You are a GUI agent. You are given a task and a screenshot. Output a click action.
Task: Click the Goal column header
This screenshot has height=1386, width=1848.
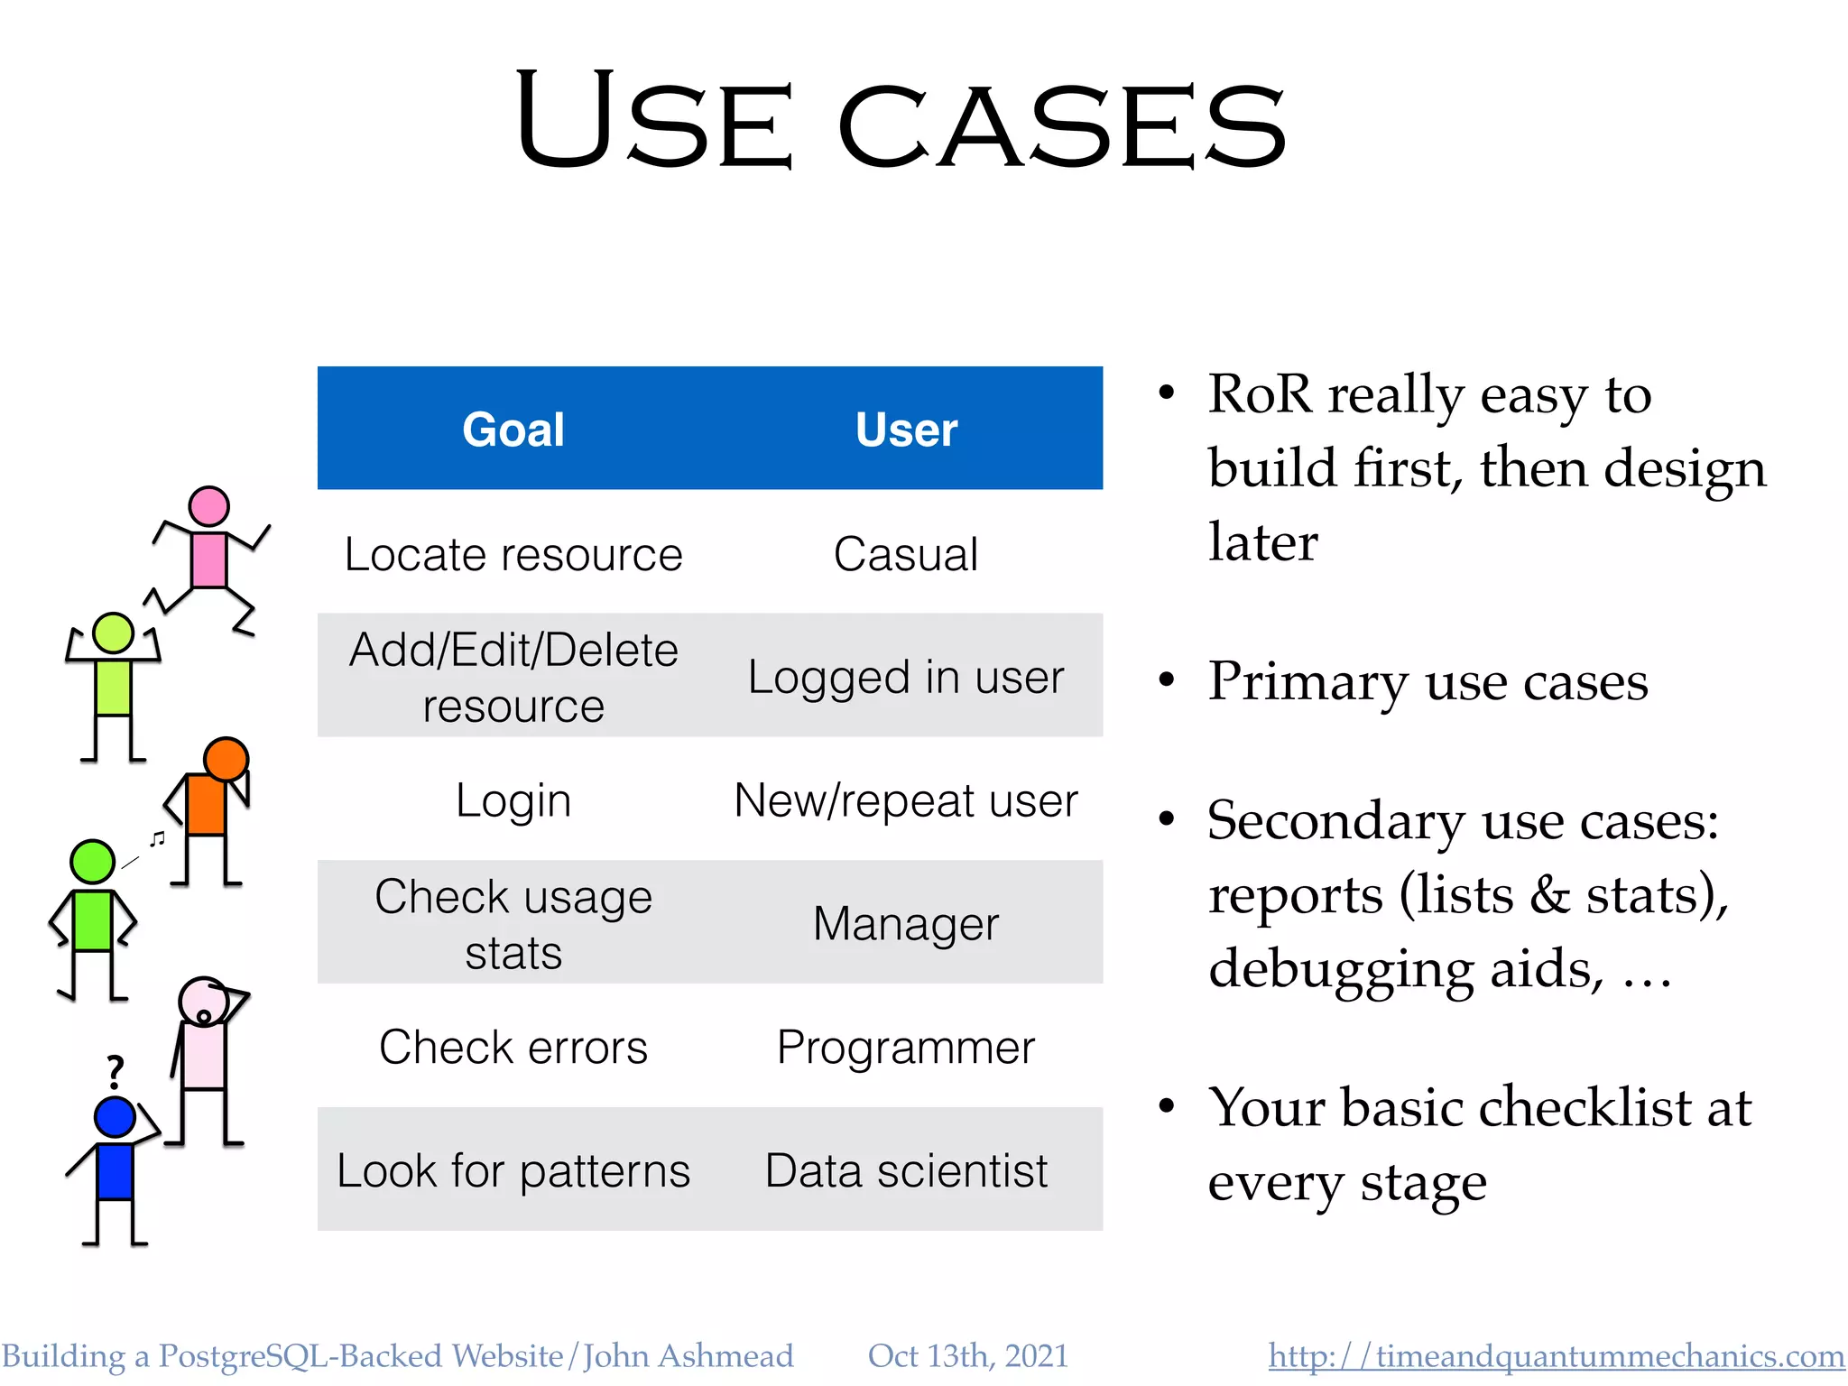[513, 430]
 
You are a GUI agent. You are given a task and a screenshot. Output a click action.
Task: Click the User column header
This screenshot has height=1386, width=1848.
[906, 430]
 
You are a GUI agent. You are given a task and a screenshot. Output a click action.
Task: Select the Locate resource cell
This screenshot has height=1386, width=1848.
[513, 554]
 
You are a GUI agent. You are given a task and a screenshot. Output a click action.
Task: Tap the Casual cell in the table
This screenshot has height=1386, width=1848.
[906, 554]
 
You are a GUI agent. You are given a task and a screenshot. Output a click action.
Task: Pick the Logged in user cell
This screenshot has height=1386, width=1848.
[906, 677]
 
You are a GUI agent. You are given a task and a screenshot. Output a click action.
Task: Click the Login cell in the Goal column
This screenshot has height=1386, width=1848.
[513, 800]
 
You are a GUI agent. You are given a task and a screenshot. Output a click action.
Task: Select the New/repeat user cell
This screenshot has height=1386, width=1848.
[906, 800]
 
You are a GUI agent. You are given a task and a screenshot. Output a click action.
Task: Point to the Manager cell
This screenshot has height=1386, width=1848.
[906, 924]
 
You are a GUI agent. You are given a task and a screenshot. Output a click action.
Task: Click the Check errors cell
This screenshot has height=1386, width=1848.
[513, 1048]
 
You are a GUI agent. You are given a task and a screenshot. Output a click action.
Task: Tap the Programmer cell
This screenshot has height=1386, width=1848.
[906, 1048]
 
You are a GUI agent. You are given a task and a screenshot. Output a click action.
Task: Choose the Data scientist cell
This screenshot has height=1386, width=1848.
[906, 1171]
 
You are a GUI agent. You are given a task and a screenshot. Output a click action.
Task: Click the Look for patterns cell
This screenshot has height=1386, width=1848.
[513, 1171]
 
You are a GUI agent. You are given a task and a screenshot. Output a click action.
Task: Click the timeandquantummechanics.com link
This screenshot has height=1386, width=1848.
[1556, 1356]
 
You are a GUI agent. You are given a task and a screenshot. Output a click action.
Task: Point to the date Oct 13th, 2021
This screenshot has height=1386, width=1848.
[967, 1356]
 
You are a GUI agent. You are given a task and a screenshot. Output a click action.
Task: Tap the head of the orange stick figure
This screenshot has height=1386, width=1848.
[226, 759]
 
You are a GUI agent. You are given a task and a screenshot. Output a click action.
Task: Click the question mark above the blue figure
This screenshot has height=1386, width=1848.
[115, 1072]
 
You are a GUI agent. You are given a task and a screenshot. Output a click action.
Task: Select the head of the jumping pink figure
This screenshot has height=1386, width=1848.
[208, 506]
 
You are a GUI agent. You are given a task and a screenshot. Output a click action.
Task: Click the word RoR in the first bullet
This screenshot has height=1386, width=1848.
[1260, 394]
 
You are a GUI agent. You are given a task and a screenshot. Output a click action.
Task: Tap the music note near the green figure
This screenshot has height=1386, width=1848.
[158, 839]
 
